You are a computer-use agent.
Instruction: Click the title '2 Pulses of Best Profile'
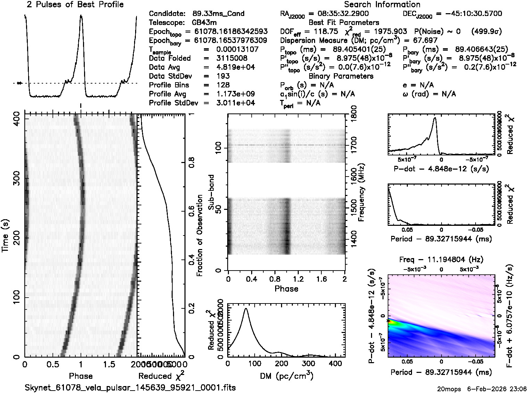75,5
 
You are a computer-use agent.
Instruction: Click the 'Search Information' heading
382,5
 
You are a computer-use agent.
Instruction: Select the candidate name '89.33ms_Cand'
218,14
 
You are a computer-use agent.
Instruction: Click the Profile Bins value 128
223,85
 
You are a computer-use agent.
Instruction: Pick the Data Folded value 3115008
232,58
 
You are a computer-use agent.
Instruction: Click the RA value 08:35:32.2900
338,14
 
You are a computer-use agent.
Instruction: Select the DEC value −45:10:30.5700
469,14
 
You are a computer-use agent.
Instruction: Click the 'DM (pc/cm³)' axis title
286,376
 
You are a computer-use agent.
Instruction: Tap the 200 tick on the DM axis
281,364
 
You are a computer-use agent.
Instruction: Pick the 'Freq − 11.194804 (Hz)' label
441,259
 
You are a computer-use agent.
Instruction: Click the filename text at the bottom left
130,387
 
